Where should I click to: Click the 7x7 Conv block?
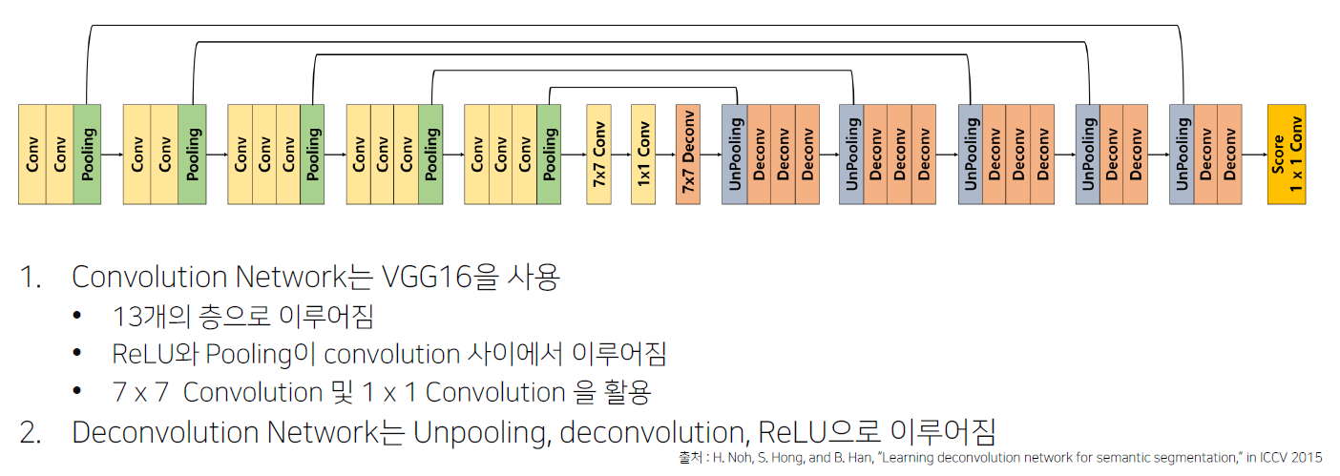(x=598, y=154)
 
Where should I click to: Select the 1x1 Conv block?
(x=642, y=154)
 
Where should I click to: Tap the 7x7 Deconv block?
(x=687, y=154)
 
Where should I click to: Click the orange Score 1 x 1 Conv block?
(x=1286, y=154)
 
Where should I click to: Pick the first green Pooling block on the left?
(x=87, y=154)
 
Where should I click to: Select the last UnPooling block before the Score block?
(x=1183, y=154)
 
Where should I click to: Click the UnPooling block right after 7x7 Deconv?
(x=735, y=154)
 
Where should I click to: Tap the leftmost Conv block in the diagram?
(x=32, y=154)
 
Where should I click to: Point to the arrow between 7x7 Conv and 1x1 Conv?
(x=620, y=154)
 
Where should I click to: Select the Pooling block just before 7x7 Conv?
(x=549, y=154)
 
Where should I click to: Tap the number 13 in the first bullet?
(x=125, y=317)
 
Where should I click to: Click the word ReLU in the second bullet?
(x=140, y=354)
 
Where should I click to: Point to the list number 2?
(x=31, y=432)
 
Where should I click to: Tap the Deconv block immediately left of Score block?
(x=1230, y=154)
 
